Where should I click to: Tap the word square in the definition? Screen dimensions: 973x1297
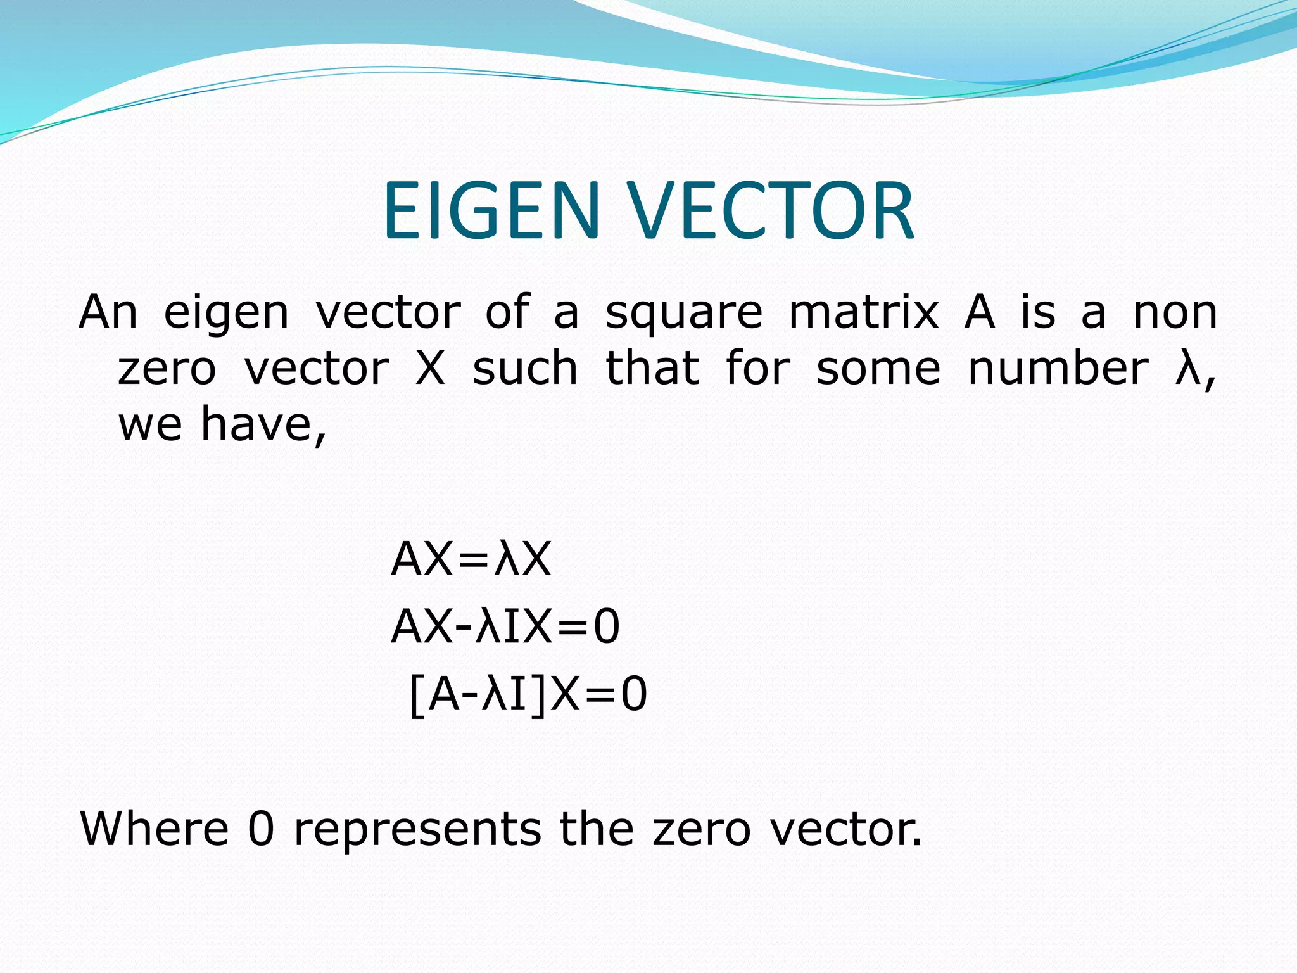click(x=684, y=314)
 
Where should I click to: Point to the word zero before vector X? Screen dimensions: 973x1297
click(x=167, y=369)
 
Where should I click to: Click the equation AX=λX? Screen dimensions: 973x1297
click(x=471, y=559)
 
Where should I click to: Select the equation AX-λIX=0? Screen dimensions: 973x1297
click(x=505, y=626)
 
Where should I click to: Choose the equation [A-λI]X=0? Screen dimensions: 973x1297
click(x=528, y=695)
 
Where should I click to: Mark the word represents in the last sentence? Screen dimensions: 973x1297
click(x=418, y=830)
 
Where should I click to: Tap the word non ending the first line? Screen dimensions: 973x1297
click(x=1175, y=314)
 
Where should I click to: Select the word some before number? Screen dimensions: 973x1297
click(x=878, y=369)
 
